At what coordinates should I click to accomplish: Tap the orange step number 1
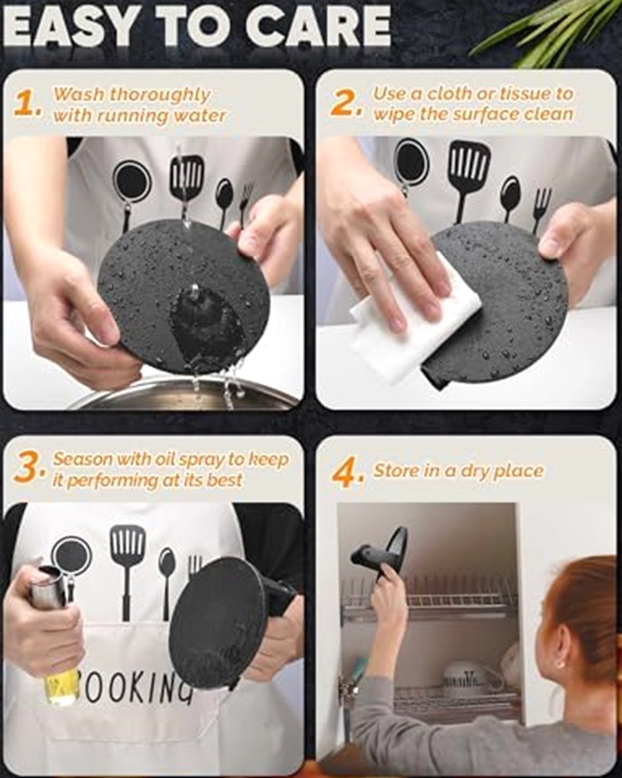(27, 104)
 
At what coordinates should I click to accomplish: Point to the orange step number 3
(29, 469)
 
